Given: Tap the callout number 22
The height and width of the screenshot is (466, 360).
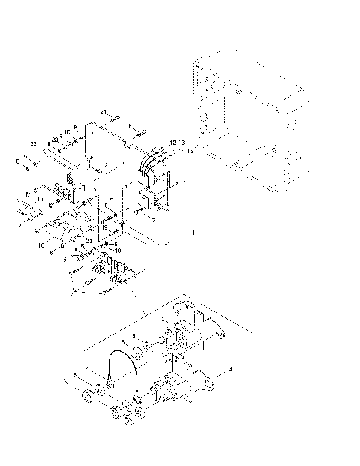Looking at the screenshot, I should (34, 143).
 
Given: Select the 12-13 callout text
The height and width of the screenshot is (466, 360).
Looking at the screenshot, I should (176, 142).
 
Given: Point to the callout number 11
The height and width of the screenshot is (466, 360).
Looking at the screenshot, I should (184, 182).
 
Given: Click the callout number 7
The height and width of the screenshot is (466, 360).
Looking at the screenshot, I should (153, 220).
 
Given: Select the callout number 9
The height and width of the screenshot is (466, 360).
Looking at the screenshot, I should (75, 128).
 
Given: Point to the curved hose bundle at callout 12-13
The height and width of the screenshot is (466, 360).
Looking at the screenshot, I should (154, 161).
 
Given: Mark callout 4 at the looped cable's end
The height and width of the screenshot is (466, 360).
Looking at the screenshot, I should (88, 367).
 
